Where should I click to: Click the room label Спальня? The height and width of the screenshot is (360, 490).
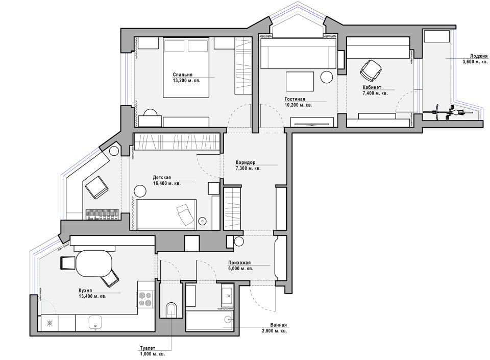coord(183,75)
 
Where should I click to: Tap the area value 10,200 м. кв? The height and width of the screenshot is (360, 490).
coord(298,105)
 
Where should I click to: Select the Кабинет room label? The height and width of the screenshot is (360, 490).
coord(372,87)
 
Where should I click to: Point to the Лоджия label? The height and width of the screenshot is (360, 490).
coord(479,56)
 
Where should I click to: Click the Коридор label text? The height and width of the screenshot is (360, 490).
coord(246,162)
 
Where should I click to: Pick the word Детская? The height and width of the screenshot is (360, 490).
coord(162,178)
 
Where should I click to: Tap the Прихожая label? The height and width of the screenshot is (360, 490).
coord(239,263)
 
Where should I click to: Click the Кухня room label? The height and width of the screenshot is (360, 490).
coord(85,291)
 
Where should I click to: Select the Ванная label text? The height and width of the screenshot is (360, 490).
coord(279,325)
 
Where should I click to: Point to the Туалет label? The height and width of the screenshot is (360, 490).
coord(148,348)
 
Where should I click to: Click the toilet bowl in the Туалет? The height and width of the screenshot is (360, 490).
coord(171,309)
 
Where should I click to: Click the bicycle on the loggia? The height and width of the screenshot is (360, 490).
coord(448,111)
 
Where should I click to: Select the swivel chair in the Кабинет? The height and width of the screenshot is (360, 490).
coord(371,69)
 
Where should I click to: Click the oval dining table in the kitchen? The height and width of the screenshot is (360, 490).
coord(94,264)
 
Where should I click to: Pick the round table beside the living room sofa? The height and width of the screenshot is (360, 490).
coord(327,77)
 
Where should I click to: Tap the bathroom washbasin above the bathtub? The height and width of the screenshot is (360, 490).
coord(227,296)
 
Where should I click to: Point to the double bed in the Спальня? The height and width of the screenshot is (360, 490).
coord(186,67)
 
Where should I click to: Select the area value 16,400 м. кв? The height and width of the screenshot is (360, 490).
coord(166,183)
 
